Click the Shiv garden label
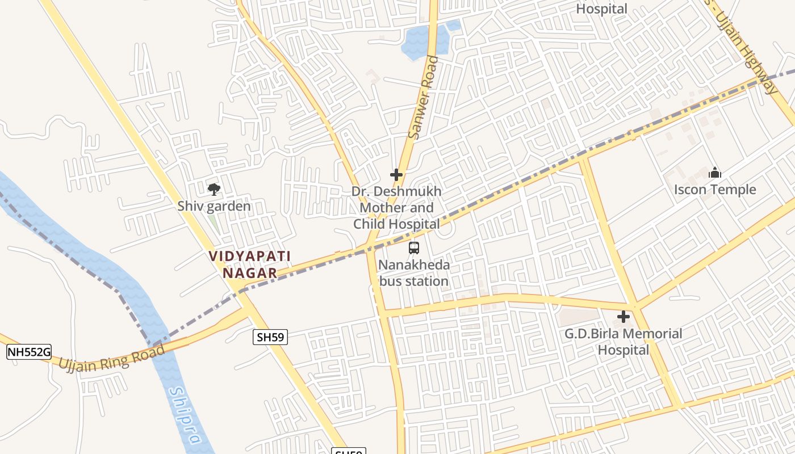point(214,206)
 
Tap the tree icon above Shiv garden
point(214,189)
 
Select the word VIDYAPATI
point(250,256)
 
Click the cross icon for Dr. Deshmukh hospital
point(396,175)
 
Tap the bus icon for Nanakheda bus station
point(414,247)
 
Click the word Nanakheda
point(414,265)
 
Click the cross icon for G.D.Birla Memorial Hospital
point(624,317)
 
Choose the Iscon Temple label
point(715,190)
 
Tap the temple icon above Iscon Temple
point(715,173)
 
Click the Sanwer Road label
point(424,98)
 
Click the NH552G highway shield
point(29,352)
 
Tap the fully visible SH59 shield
point(270,338)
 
